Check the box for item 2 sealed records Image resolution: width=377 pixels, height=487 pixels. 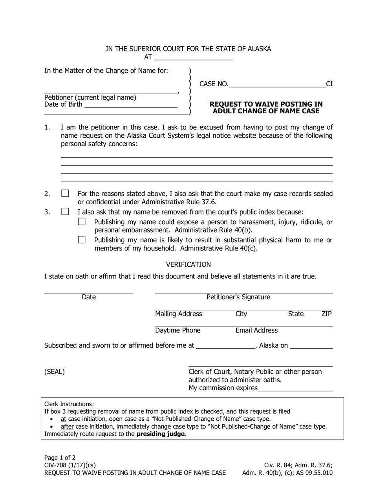(x=65, y=193)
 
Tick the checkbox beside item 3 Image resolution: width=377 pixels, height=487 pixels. (x=65, y=212)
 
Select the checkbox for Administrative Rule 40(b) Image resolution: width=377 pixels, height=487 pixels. (x=82, y=222)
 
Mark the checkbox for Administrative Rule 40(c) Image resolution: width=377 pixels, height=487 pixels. (x=82, y=240)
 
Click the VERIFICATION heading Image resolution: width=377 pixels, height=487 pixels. (x=188, y=265)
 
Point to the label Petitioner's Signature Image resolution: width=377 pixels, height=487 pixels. (x=238, y=297)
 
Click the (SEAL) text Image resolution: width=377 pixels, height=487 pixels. (x=54, y=372)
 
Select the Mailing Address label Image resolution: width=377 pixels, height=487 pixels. (x=179, y=314)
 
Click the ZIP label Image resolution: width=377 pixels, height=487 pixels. (x=327, y=314)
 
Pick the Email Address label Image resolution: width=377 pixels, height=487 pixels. (x=256, y=331)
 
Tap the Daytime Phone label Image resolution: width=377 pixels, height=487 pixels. (x=178, y=331)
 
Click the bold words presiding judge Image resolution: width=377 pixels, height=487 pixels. (x=160, y=434)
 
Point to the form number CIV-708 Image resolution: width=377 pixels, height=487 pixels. (x=57, y=465)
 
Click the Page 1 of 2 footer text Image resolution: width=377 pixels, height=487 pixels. (x=60, y=458)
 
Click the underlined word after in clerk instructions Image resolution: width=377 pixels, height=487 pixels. (x=67, y=427)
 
